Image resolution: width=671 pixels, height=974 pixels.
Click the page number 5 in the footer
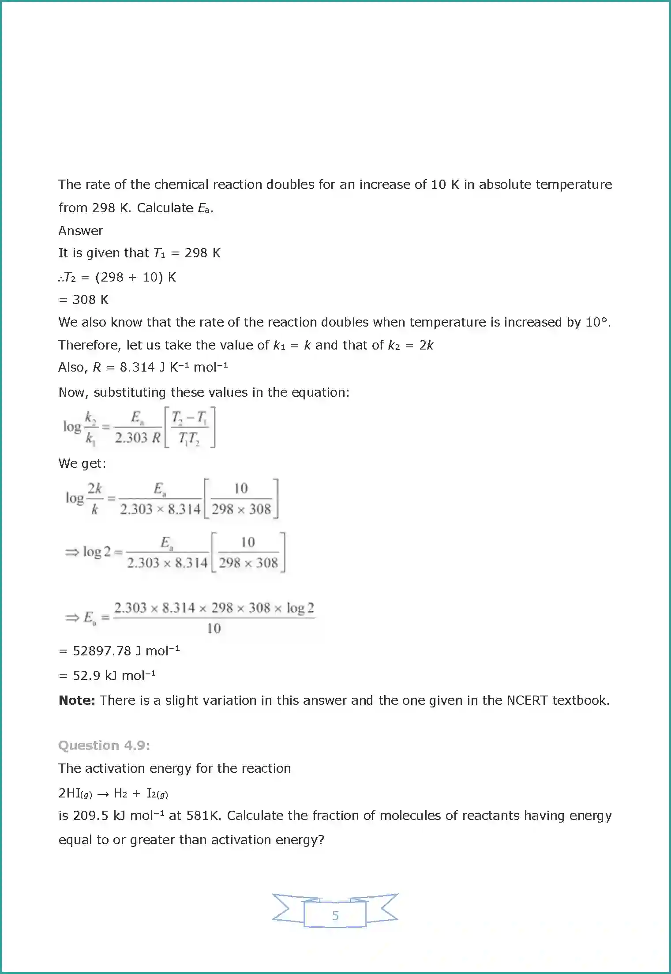[335, 916]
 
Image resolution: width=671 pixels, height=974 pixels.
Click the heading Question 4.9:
[104, 745]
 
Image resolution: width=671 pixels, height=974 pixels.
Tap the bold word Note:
[77, 700]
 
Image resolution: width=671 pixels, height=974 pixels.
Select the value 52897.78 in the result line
[102, 651]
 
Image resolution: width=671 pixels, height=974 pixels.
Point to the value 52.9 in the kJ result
[86, 676]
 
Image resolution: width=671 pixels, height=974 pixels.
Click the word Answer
[81, 231]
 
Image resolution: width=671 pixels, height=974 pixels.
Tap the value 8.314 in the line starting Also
[137, 367]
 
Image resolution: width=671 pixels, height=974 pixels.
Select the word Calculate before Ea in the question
[165, 208]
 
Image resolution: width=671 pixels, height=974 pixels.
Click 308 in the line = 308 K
[84, 300]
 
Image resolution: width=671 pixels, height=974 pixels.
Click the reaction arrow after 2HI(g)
[103, 793]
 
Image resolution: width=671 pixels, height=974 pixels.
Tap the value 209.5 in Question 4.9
[90, 816]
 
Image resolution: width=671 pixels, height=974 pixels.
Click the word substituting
[130, 392]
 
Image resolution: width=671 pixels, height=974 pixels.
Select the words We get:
[82, 463]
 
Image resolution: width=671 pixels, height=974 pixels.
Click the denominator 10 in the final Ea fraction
[214, 628]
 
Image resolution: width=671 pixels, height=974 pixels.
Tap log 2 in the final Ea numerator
[300, 608]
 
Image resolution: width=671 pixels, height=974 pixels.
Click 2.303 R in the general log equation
[138, 438]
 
